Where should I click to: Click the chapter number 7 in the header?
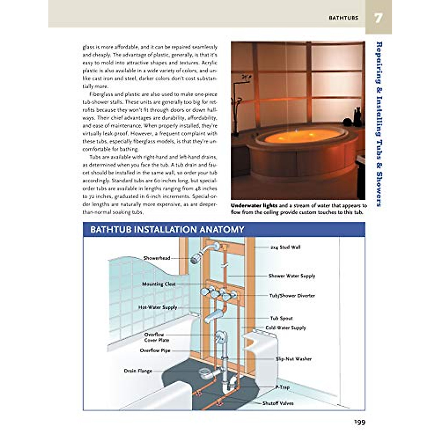378,18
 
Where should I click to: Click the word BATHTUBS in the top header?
343,18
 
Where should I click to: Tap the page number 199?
360,422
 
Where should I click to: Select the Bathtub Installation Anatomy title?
167,230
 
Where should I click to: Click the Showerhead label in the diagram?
157,258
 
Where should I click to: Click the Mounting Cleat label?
159,284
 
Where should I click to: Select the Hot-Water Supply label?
158,307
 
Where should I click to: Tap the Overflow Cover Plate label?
157,337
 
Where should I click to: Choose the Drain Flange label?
138,371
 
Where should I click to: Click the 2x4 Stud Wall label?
285,247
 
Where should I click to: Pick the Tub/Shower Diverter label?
292,296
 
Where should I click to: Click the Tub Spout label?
281,318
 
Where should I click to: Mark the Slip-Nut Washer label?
293,359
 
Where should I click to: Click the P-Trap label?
282,387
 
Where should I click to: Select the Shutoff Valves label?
278,403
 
